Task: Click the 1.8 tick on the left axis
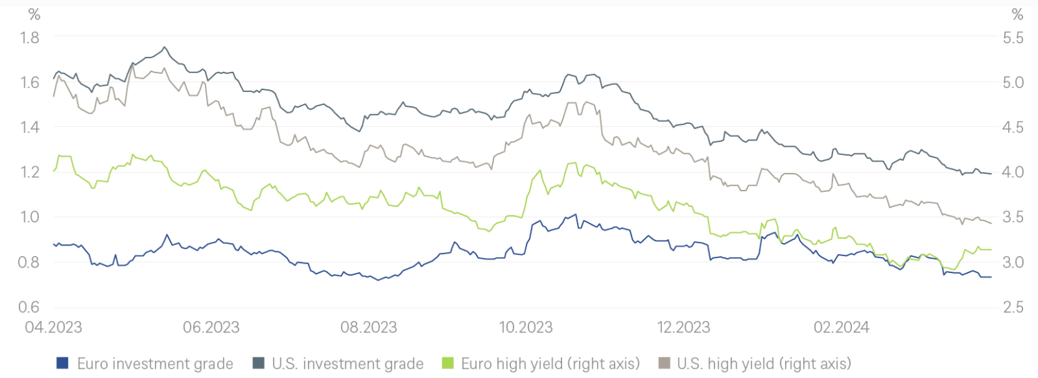point(29,38)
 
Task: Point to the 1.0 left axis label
point(29,217)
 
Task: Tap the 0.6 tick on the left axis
point(29,307)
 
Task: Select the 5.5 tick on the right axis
point(1013,38)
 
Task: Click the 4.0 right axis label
point(1013,172)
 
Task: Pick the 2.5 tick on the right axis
point(1013,307)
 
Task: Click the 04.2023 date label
point(53,327)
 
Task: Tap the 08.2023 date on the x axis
point(368,327)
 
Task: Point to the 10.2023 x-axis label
point(526,327)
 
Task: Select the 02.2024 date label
point(841,327)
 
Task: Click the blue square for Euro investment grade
point(62,363)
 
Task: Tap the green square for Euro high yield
point(447,363)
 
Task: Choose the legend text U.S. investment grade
point(348,364)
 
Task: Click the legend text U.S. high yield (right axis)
point(764,364)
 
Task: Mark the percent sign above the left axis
point(34,14)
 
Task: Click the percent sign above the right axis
point(1017,14)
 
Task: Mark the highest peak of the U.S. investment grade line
point(164,47)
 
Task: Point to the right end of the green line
point(991,249)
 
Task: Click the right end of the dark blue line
point(991,277)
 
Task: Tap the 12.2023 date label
point(683,327)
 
